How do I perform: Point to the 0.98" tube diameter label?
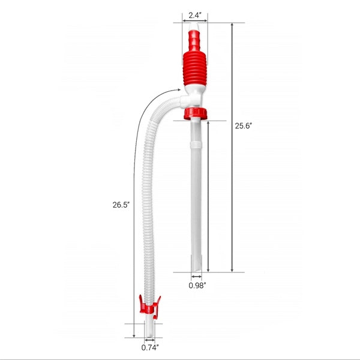coord(197,286)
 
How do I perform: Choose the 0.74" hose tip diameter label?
coord(150,347)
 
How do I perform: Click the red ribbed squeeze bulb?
coord(194,65)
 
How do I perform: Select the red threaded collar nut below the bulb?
coord(195,113)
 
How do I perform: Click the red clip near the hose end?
coord(146,307)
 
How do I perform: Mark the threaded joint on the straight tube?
coord(195,145)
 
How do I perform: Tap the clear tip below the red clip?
coord(149,327)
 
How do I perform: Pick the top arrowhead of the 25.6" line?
coord(232,25)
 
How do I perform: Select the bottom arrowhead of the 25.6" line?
coord(232,269)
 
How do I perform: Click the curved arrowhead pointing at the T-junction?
coord(178,91)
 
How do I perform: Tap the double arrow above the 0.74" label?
coord(149,339)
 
